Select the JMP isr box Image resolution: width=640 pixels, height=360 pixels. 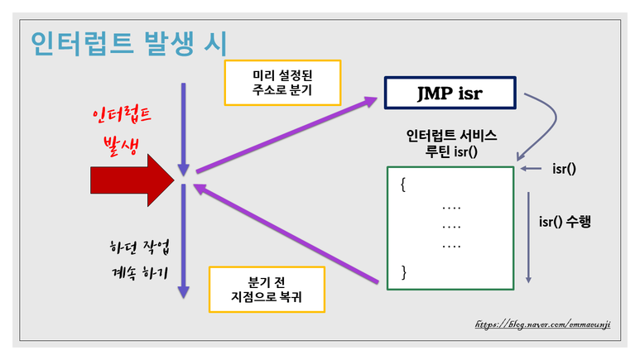(x=450, y=94)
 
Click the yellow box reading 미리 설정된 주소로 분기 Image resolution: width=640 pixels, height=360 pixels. (x=282, y=81)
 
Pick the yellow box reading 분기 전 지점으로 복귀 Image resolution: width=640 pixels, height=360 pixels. (x=267, y=289)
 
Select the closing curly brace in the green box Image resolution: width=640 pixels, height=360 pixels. (x=403, y=271)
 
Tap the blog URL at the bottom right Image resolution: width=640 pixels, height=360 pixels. (x=542, y=325)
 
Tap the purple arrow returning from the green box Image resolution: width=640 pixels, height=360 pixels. (x=290, y=236)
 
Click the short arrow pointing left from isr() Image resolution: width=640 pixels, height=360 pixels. (x=532, y=169)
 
